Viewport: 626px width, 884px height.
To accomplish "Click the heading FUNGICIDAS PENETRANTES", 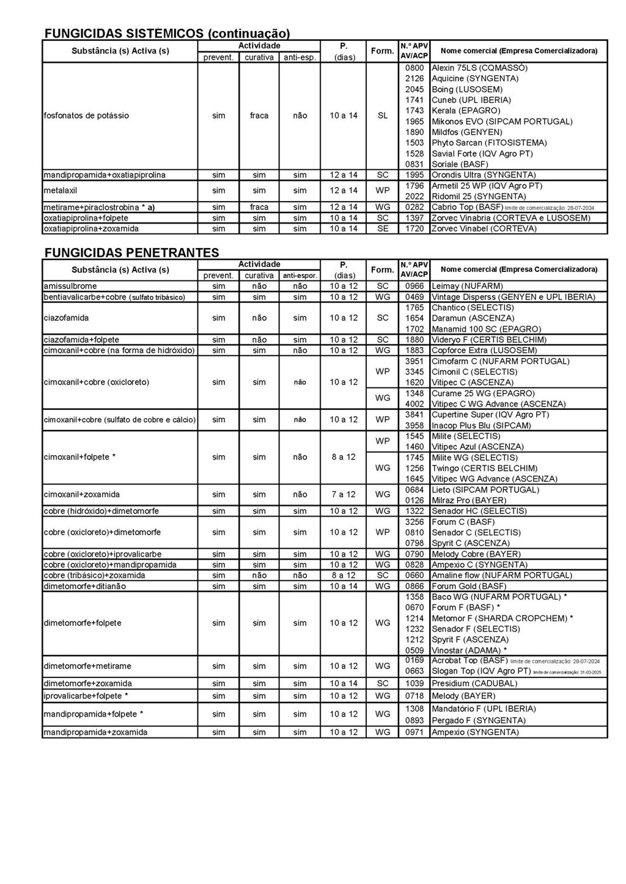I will (131, 252).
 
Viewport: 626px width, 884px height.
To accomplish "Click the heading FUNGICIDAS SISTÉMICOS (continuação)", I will (167, 33).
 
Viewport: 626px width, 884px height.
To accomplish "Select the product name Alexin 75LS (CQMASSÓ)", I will (479, 68).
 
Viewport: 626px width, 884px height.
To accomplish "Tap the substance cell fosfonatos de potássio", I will (86, 115).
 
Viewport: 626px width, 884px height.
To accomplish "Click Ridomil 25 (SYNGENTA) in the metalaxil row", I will (479, 196).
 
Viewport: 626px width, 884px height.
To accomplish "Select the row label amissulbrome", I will (70, 286).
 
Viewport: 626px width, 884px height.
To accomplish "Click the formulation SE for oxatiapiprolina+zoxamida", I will (383, 228).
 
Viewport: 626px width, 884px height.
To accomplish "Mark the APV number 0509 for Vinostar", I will (414, 650).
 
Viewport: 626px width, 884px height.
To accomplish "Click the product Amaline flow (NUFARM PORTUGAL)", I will (502, 575).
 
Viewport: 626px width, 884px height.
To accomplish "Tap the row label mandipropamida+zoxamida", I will (95, 732).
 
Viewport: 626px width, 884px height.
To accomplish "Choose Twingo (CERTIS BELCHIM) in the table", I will (485, 468).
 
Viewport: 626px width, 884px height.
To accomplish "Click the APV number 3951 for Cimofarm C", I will (414, 361).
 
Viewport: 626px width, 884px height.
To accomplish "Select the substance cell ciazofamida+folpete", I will (81, 340).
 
